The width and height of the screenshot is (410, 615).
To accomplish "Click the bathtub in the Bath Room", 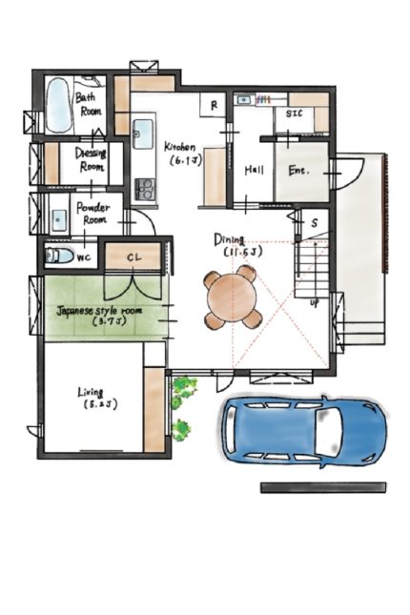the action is tap(59, 105).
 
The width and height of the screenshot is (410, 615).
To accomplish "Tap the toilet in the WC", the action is tap(60, 256).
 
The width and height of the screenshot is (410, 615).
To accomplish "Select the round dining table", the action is tap(232, 297).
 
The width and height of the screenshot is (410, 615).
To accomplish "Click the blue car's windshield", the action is tap(327, 431).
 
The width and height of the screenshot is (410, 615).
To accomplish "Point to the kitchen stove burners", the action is tap(145, 189).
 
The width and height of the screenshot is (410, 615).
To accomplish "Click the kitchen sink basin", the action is tap(143, 133).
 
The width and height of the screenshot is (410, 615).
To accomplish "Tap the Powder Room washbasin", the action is tap(59, 220).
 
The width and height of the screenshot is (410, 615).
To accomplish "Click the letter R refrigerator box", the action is tap(214, 105).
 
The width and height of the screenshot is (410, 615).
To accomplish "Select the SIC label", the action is tap(295, 113).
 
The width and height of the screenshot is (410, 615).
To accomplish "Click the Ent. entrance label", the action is tap(298, 171).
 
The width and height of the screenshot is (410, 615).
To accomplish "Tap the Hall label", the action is tap(255, 171).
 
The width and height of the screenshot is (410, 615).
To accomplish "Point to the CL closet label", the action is tap(134, 257).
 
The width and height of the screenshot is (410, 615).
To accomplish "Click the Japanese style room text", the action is tap(99, 312).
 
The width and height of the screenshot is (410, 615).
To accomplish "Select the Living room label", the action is tap(91, 392).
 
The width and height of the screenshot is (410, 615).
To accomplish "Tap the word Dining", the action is tap(230, 239).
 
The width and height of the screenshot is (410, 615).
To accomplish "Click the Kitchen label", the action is tap(179, 147).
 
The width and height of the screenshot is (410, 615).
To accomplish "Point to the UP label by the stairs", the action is tap(315, 303).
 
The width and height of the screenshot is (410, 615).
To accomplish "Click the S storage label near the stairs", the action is tap(315, 223).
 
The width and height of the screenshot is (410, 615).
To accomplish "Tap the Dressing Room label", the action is tap(91, 160).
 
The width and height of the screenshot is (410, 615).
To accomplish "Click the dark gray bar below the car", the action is tap(323, 487).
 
